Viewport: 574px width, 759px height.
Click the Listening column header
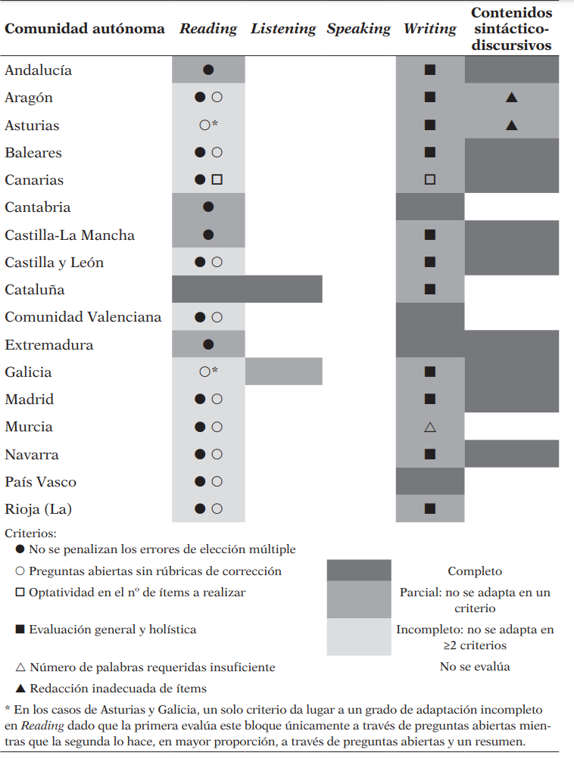tap(283, 29)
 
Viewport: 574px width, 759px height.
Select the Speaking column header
tap(359, 29)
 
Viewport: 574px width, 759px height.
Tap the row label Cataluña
tap(35, 290)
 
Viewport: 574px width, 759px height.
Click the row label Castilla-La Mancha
tap(70, 235)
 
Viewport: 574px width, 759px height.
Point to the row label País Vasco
tap(40, 482)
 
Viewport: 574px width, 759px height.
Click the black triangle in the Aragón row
tap(511, 98)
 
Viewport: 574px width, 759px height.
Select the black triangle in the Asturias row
tap(511, 125)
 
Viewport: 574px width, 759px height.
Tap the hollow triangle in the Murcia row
tap(430, 427)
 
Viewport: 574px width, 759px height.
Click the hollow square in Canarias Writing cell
tap(430, 180)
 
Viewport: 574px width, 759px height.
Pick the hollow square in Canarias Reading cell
tap(217, 180)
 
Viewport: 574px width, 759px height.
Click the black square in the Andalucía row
tap(430, 70)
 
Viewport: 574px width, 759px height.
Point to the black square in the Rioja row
tap(430, 509)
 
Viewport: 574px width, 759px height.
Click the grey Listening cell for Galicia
tap(284, 372)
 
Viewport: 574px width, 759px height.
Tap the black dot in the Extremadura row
tap(208, 344)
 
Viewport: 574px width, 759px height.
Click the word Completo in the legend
tap(475, 571)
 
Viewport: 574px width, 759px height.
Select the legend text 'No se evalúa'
tap(475, 667)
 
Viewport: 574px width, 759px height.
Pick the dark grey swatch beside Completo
tap(359, 571)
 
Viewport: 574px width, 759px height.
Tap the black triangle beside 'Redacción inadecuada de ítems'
tap(20, 689)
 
